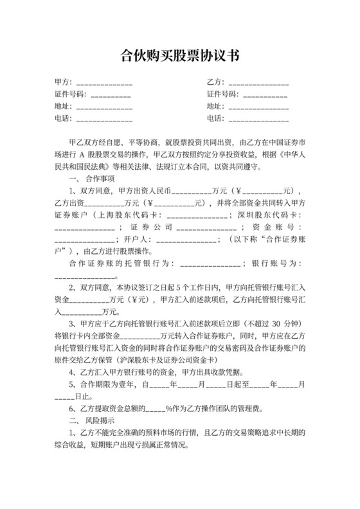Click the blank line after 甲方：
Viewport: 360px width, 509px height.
coord(104,84)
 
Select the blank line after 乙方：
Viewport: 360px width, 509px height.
coord(258,84)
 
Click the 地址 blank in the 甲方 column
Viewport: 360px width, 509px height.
coord(104,107)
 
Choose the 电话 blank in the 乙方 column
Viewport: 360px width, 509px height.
coord(258,119)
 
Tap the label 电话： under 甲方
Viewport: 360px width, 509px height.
coord(64,119)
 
